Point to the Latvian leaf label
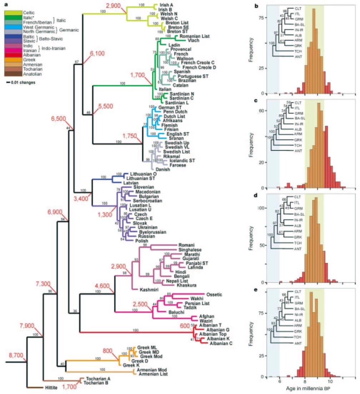click(x=131, y=183)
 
